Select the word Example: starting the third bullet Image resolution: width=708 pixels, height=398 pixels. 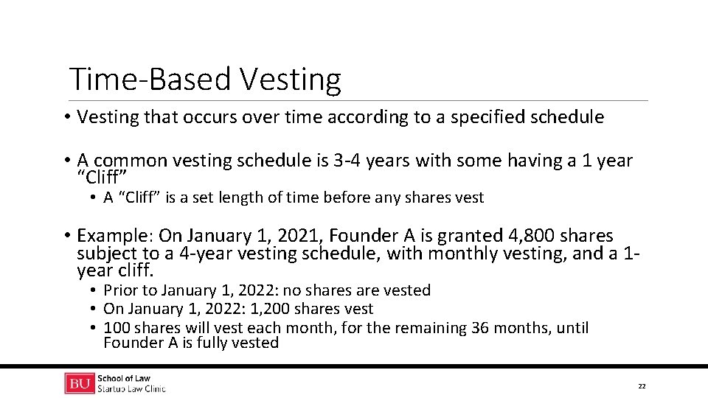click(115, 236)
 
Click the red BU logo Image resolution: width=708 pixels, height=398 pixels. click(80, 384)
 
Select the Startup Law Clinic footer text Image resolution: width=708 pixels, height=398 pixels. click(131, 389)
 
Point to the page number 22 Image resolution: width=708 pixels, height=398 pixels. click(642, 386)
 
